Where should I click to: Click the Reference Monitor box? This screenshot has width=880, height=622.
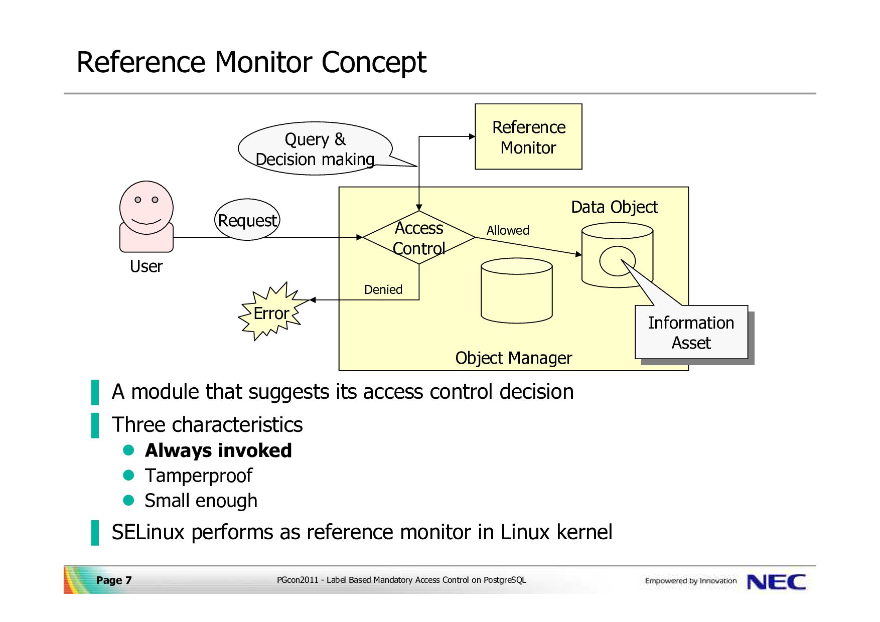(528, 137)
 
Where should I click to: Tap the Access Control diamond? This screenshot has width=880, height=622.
(419, 238)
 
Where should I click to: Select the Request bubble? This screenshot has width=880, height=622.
(247, 220)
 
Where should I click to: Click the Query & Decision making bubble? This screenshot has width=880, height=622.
(315, 149)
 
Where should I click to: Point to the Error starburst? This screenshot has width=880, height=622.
(271, 313)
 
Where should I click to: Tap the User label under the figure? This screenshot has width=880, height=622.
(146, 266)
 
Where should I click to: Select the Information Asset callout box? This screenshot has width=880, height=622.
(691, 333)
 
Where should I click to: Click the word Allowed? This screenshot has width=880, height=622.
(508, 230)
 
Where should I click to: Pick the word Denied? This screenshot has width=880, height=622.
(383, 289)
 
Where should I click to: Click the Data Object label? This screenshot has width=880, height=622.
(614, 207)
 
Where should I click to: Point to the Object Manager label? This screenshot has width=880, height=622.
(513, 358)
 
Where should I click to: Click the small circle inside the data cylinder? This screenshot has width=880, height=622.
(617, 261)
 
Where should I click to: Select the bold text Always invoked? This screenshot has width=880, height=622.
(218, 450)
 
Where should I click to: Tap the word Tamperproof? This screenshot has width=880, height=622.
(199, 476)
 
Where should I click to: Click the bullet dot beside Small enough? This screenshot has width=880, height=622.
(129, 500)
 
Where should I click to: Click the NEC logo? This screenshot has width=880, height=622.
(776, 582)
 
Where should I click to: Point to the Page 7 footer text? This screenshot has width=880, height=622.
(114, 580)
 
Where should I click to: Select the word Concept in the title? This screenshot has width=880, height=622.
(373, 62)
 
